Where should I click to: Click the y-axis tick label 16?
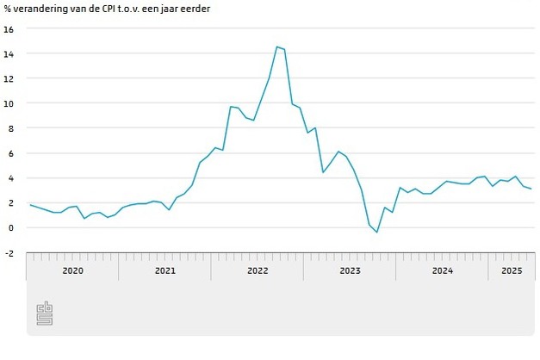[x=9, y=28]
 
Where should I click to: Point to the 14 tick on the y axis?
[x=9, y=53]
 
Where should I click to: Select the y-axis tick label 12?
[x=9, y=78]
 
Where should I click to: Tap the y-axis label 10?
[x=9, y=103]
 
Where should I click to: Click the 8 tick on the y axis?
[x=10, y=128]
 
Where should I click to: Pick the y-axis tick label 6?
[x=10, y=153]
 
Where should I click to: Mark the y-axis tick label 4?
[x=10, y=178]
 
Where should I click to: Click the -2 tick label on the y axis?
[x=9, y=252]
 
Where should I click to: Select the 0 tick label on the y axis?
[x=10, y=227]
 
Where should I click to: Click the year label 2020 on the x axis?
[x=72, y=271]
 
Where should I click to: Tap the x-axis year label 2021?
[x=164, y=271]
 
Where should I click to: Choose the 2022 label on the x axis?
[x=257, y=271]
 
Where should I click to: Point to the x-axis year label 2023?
[x=350, y=271]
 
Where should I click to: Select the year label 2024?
[x=442, y=271]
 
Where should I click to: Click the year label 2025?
[x=512, y=271]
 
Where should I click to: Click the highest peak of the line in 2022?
[x=276, y=47]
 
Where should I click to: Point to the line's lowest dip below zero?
[x=376, y=233]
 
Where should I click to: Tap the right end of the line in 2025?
[x=531, y=189]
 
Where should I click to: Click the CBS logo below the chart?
[x=44, y=314]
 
